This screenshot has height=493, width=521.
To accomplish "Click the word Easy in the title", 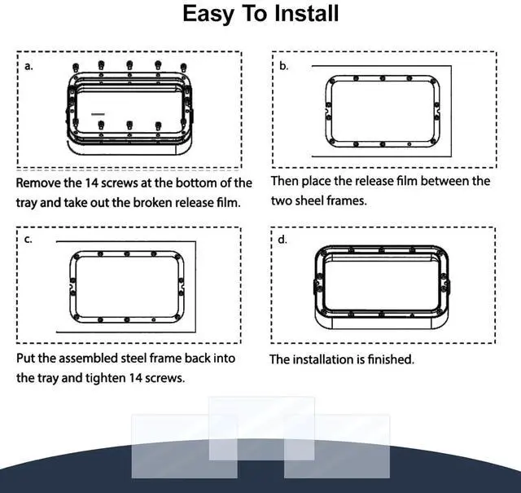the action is pyautogui.click(x=208, y=15).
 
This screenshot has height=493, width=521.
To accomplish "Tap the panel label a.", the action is pyautogui.click(x=29, y=66).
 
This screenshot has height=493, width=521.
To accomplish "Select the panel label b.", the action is pyautogui.click(x=284, y=66).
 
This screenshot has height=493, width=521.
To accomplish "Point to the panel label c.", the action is pyautogui.click(x=28, y=240).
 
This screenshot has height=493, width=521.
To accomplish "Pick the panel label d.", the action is pyautogui.click(x=282, y=240).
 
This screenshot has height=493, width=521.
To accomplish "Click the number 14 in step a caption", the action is pyautogui.click(x=91, y=183).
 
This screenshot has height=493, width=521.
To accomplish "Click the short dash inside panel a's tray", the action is pyautogui.click(x=98, y=114).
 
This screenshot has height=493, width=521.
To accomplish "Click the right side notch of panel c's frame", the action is pyautogui.click(x=182, y=286).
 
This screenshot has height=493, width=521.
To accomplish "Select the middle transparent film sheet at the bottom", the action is pyautogui.click(x=261, y=429).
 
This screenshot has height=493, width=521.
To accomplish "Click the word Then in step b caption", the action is pyautogui.click(x=285, y=181).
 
